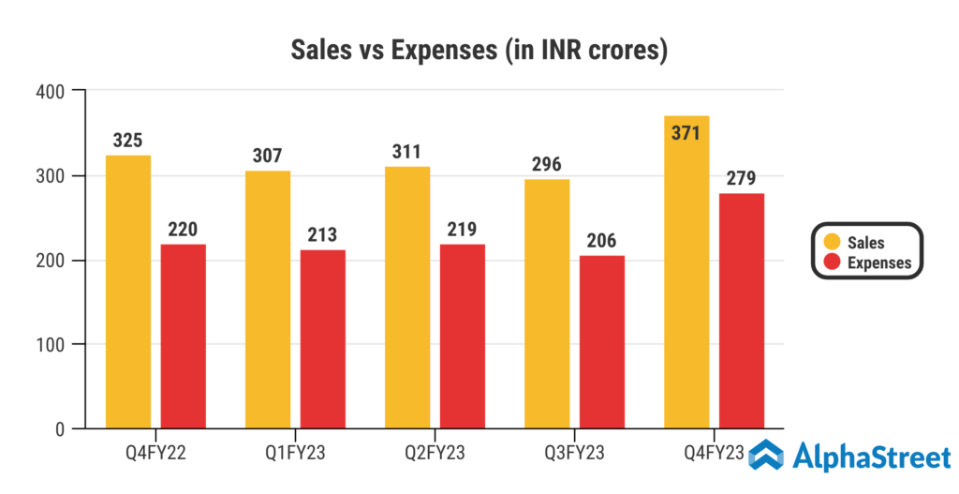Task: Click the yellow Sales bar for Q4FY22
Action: click(128, 292)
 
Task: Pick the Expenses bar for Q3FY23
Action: click(602, 342)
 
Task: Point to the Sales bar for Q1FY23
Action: click(268, 299)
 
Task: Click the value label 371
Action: click(686, 132)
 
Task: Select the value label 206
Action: click(602, 240)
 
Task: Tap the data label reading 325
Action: click(128, 141)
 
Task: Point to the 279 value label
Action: click(742, 178)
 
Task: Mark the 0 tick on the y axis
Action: click(58, 429)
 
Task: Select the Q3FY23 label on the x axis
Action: click(574, 455)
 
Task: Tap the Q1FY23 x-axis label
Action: click(295, 455)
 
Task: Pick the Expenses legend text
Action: click(878, 262)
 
